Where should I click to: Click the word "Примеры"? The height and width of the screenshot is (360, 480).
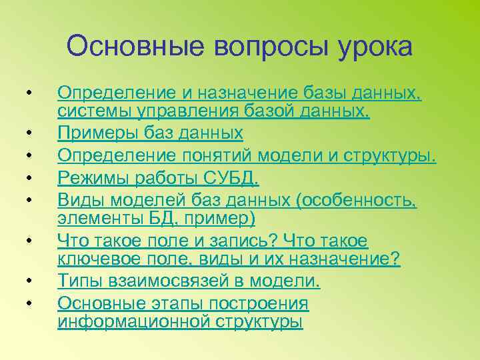pyautogui.click(x=98, y=134)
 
